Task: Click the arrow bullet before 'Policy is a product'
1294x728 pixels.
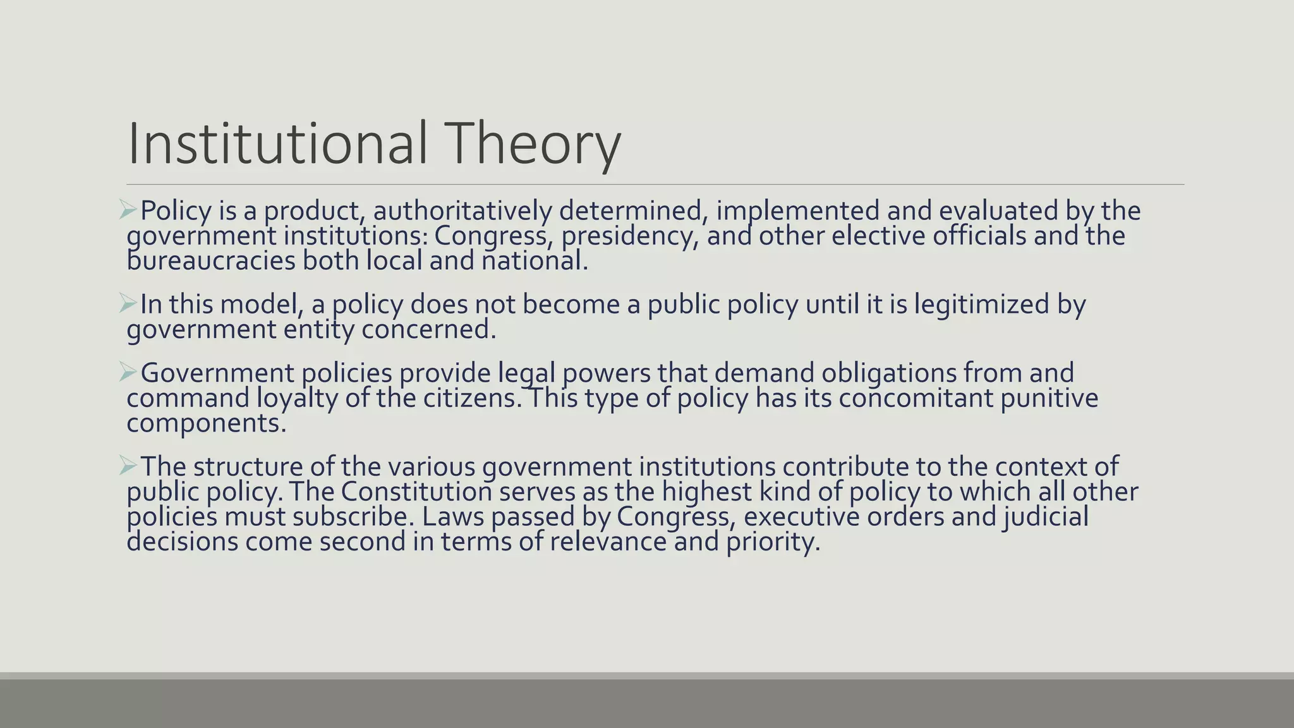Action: (128, 210)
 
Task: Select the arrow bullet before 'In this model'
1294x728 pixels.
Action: (128, 304)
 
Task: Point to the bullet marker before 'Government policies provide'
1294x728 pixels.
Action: (128, 373)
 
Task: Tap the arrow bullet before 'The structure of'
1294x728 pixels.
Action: (128, 466)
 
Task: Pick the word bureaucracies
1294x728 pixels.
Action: (211, 261)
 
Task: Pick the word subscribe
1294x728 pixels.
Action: (354, 517)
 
